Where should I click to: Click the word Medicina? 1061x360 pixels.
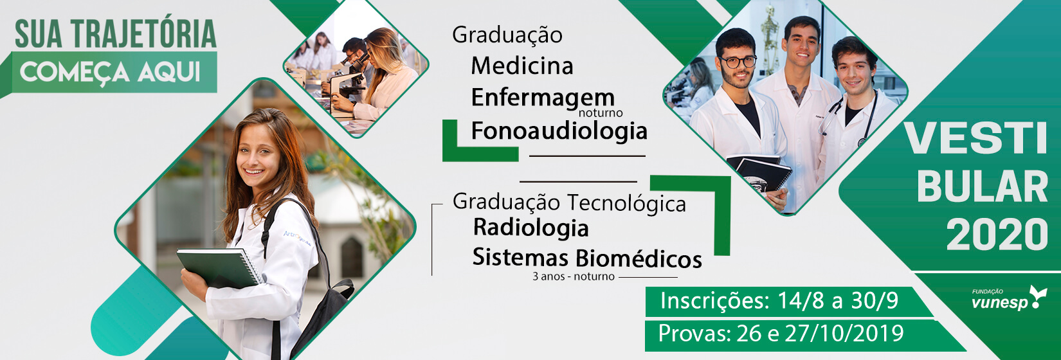point(522,66)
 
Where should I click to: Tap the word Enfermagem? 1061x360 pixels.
point(543,97)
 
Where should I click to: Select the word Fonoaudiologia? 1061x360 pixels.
point(559,130)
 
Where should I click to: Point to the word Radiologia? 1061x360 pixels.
point(530,228)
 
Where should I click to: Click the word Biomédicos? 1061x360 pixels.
point(639,258)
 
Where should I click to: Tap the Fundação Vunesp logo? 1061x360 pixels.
point(1009,298)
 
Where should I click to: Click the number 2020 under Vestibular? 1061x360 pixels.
point(997,235)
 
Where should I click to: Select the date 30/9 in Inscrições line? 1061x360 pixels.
point(875,301)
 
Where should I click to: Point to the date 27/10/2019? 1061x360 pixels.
point(844,334)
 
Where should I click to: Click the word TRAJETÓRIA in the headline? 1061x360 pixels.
point(144,34)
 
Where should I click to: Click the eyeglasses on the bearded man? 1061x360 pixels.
point(738,62)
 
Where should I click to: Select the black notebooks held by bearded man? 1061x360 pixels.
point(759,172)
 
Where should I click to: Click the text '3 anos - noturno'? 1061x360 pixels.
point(573,276)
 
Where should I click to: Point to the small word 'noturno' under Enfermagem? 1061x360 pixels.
point(601,113)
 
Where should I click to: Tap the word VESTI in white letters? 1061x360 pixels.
point(975,138)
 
